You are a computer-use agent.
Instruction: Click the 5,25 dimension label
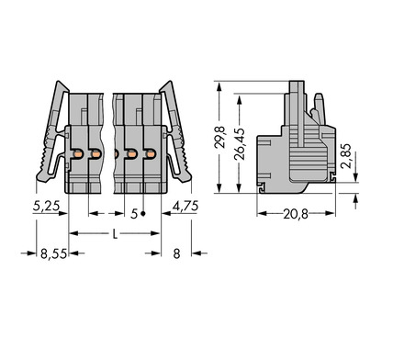click(x=46, y=206)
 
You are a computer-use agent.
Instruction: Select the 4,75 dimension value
click(x=185, y=206)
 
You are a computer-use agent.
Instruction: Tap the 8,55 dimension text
click(x=53, y=253)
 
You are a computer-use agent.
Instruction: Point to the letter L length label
click(x=115, y=234)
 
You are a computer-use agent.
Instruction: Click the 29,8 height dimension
click(x=220, y=137)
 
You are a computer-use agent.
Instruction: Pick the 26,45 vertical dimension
click(x=240, y=144)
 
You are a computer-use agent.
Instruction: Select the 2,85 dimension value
click(x=346, y=156)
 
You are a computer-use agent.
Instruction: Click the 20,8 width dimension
click(x=296, y=214)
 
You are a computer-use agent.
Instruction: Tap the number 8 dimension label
click(x=176, y=253)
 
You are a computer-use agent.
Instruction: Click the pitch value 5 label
click(x=134, y=214)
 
